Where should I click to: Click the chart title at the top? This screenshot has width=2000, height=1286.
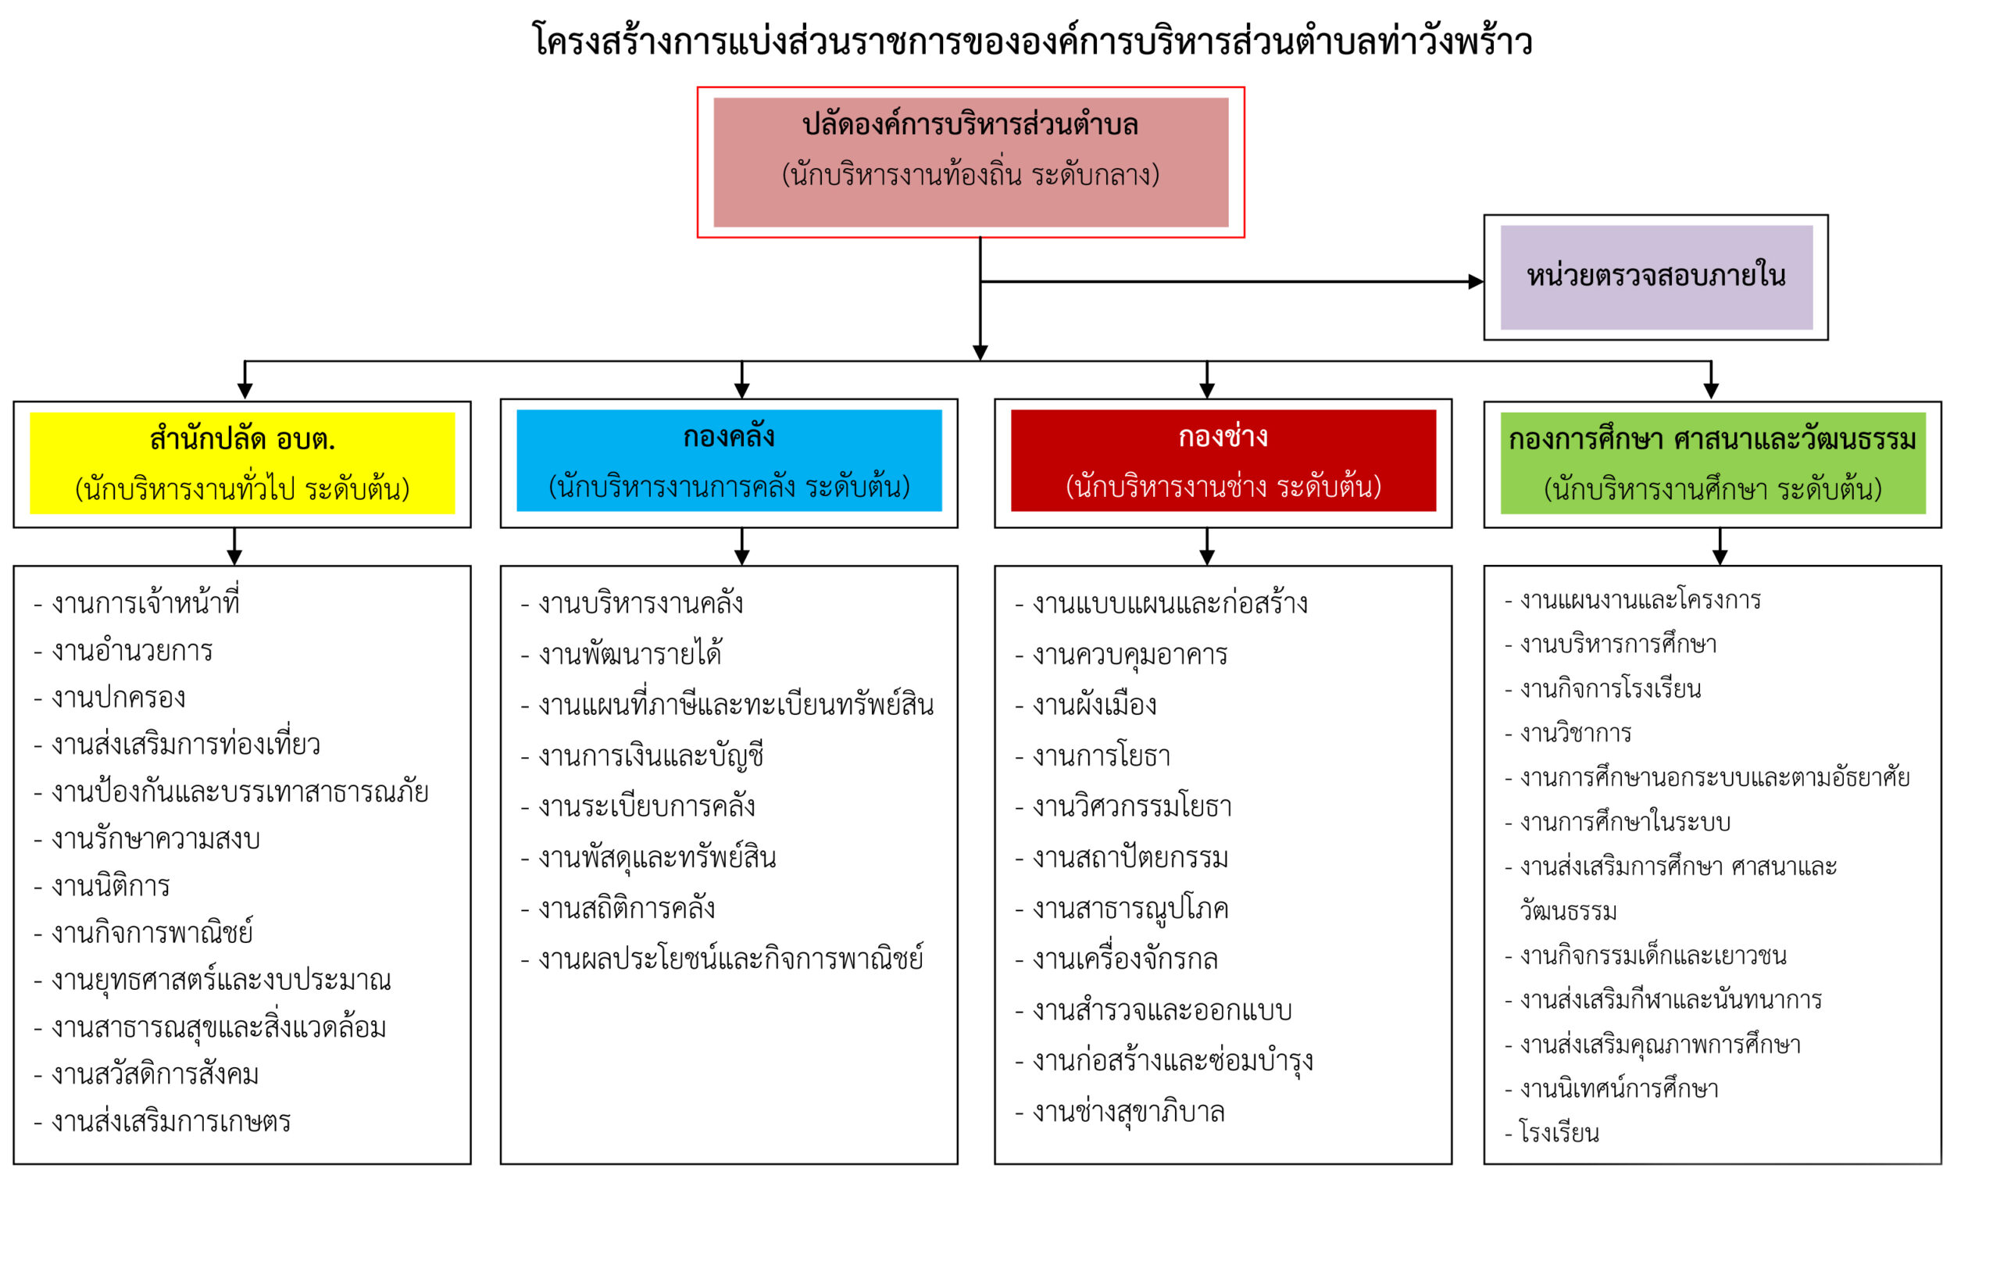(x=1032, y=41)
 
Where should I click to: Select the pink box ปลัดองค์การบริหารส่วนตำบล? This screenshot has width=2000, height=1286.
(x=970, y=162)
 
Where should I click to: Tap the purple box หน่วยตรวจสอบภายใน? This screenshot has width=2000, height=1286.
(x=1656, y=277)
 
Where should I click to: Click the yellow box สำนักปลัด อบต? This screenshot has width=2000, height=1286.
(x=242, y=463)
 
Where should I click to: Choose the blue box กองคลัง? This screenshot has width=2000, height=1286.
(x=729, y=460)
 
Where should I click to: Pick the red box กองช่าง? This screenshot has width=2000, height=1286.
(x=1223, y=460)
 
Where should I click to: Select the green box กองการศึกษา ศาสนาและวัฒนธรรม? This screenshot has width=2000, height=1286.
(x=1712, y=463)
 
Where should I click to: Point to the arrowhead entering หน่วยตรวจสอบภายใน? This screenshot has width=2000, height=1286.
(x=1476, y=281)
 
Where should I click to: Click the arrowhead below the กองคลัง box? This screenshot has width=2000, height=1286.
(x=741, y=557)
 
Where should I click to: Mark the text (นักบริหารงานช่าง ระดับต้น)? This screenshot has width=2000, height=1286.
(x=1223, y=486)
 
